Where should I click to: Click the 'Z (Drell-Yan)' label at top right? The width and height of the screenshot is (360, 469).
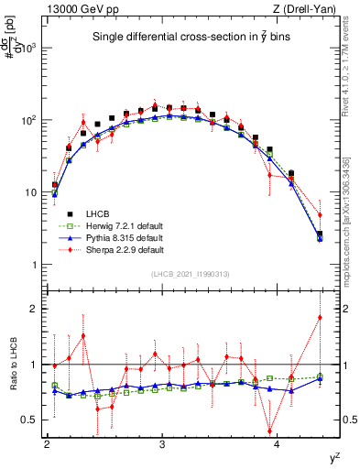305,8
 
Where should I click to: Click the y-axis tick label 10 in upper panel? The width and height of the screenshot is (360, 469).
33,193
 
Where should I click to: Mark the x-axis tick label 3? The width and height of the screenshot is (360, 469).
162,445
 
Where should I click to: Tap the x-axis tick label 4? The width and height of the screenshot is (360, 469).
278,445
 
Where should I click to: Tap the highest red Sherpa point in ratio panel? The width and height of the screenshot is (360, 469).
320,317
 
